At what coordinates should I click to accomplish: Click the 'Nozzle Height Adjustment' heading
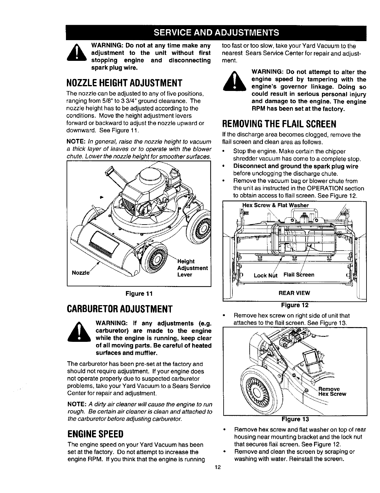pos(125,83)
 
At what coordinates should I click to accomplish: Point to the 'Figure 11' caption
pos(138,294)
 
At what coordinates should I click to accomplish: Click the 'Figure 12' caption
pos(295,305)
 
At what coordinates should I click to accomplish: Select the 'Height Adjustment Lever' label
pos(192,268)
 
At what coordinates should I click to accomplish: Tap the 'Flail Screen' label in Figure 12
pos(299,275)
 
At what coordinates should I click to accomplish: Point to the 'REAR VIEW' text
pos(294,293)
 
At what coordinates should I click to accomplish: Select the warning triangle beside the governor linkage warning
pos(234,82)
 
